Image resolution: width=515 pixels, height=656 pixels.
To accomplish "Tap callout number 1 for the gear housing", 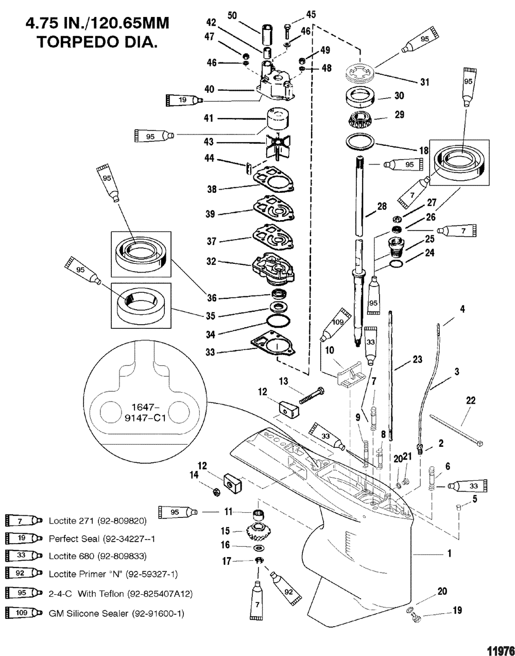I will click(x=450, y=553).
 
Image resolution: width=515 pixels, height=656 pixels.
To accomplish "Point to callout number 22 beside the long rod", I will click(x=471, y=400).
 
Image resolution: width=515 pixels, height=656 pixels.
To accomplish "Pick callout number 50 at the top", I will click(x=232, y=16).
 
